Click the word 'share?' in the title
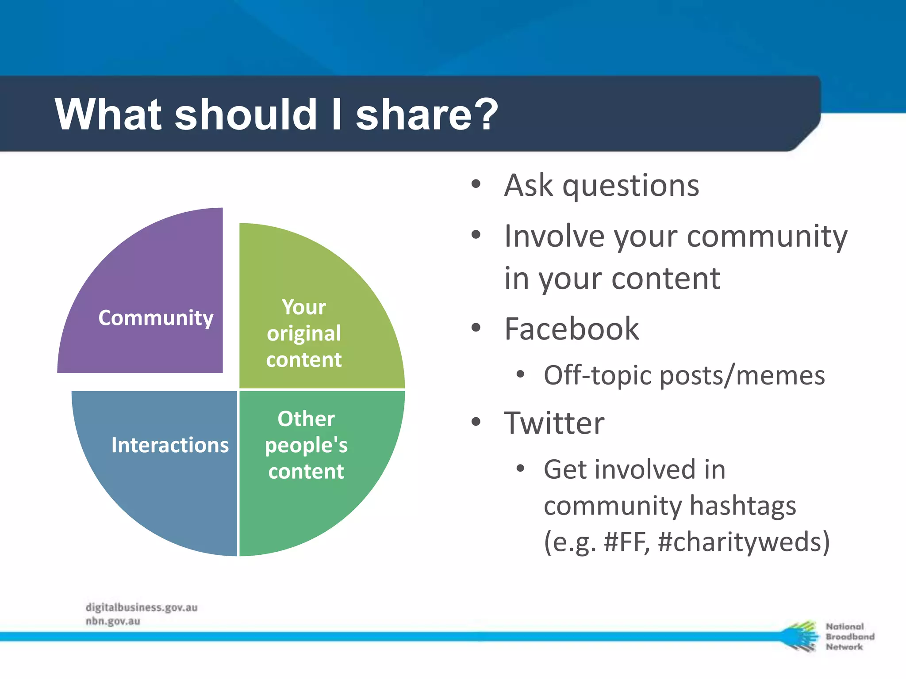point(426,115)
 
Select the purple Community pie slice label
point(156,318)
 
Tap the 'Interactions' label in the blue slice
point(170,445)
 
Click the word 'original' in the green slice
point(304,334)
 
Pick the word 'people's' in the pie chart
point(306,446)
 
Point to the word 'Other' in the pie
point(306,419)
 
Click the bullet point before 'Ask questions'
point(476,184)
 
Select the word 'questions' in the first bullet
point(631,186)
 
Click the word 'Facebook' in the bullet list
point(572,329)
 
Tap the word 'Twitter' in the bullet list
point(554,423)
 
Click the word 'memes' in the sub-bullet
point(780,376)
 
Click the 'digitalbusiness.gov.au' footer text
point(142,607)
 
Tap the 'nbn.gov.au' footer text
point(113,621)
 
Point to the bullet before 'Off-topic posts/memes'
point(520,375)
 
